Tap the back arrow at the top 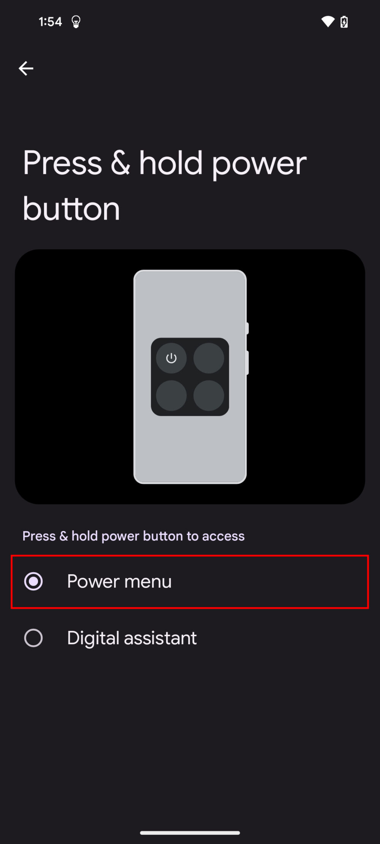pyautogui.click(x=26, y=68)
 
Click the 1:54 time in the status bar pyautogui.click(x=50, y=22)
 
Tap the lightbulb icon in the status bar pyautogui.click(x=76, y=22)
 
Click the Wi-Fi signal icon pyautogui.click(x=328, y=22)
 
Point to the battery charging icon pyautogui.click(x=344, y=22)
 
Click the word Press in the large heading pyautogui.click(x=62, y=163)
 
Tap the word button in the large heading pyautogui.click(x=71, y=209)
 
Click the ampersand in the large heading pyautogui.click(x=120, y=163)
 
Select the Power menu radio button pyautogui.click(x=33, y=582)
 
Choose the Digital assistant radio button pyautogui.click(x=33, y=638)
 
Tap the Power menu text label pyautogui.click(x=119, y=582)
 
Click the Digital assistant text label pyautogui.click(x=132, y=638)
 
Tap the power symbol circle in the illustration pyautogui.click(x=171, y=358)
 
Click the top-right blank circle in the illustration pyautogui.click(x=209, y=358)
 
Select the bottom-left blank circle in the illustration pyautogui.click(x=171, y=395)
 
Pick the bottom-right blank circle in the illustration pyautogui.click(x=209, y=395)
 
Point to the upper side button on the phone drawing pyautogui.click(x=247, y=328)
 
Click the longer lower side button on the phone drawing pyautogui.click(x=247, y=363)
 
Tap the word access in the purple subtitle pyautogui.click(x=223, y=536)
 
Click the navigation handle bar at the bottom pyautogui.click(x=190, y=833)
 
